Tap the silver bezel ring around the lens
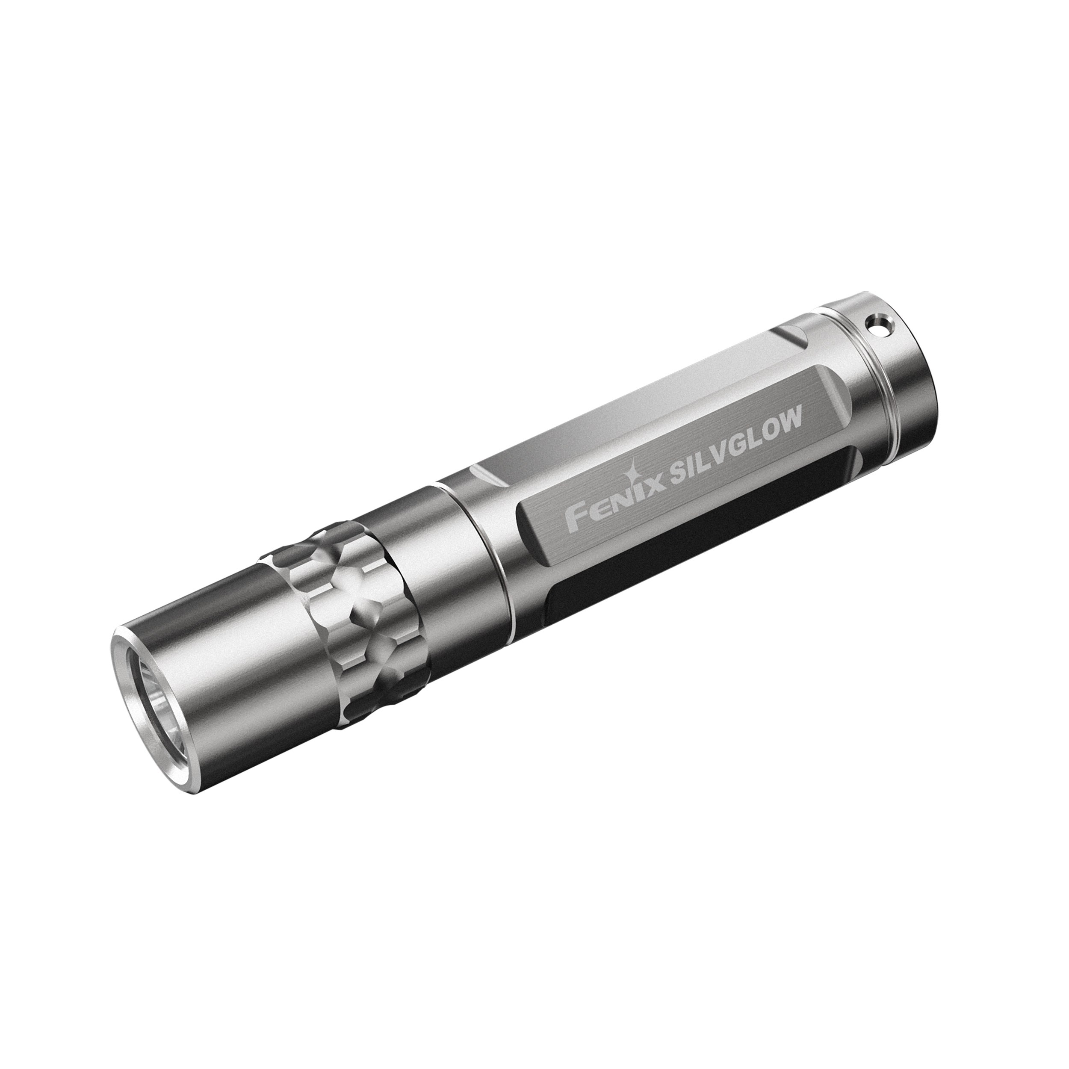point(128,691)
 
